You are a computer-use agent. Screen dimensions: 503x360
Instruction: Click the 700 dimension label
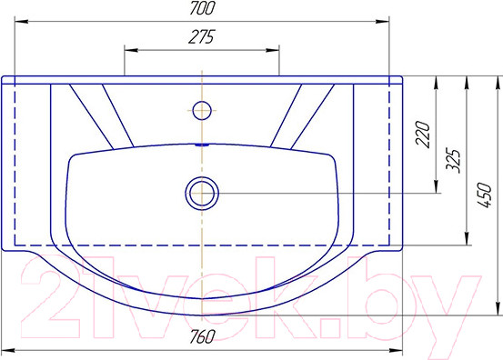pyautogui.click(x=201, y=9)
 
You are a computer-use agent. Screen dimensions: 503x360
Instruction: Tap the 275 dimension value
pyautogui.click(x=201, y=37)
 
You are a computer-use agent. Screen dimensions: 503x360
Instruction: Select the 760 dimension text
pyautogui.click(x=201, y=336)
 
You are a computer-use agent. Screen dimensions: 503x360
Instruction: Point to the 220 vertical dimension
pyautogui.click(x=422, y=134)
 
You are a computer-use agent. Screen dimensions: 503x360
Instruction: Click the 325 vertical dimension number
pyautogui.click(x=453, y=160)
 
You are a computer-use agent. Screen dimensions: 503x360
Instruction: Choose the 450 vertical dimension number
pyautogui.click(x=484, y=195)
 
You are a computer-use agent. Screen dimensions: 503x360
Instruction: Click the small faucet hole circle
pyautogui.click(x=202, y=110)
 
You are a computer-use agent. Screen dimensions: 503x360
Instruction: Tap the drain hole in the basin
pyautogui.click(x=202, y=194)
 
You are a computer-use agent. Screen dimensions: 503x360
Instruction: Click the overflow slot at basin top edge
pyautogui.click(x=202, y=145)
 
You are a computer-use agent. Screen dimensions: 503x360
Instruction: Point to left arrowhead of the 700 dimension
pyautogui.click(x=21, y=22)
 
